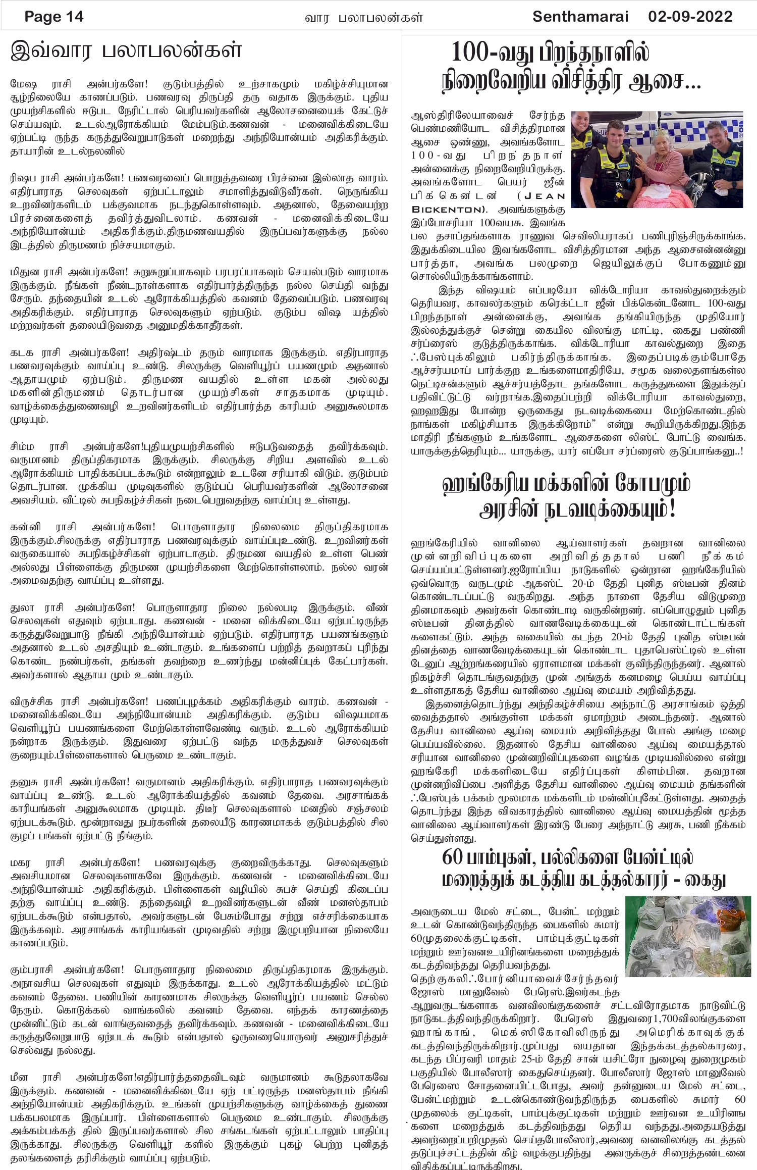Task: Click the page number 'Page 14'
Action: point(54,17)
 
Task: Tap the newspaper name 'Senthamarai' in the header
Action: point(580,17)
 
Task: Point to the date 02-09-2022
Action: point(690,17)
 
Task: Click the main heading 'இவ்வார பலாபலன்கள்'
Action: point(126,50)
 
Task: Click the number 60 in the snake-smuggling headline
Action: point(452,857)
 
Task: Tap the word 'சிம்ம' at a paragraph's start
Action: point(22,446)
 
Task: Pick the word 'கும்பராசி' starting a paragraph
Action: point(32,970)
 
